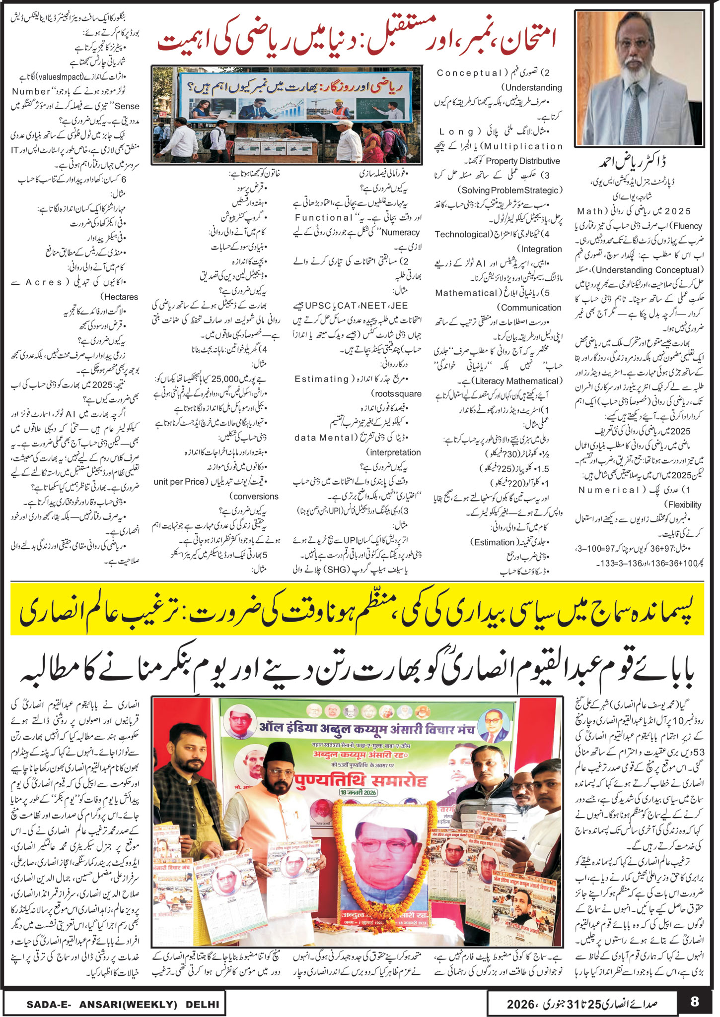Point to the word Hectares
119,297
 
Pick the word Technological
463,234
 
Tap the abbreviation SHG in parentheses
337,569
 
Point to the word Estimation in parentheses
494,542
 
